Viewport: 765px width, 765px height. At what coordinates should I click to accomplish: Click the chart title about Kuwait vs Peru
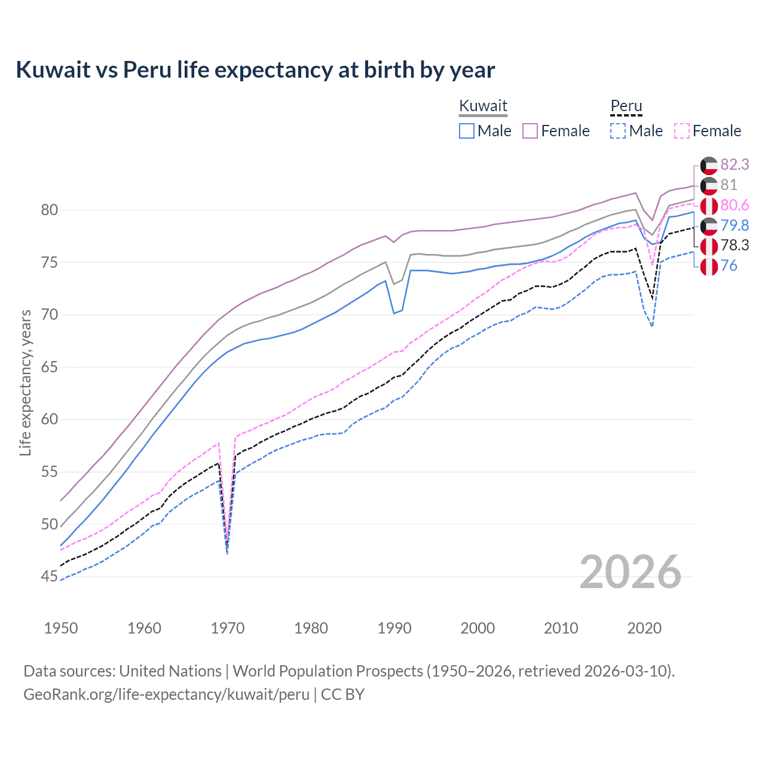click(255, 70)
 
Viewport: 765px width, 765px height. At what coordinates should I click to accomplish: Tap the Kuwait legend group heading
click(483, 106)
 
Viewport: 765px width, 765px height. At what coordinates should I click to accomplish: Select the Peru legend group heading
click(626, 106)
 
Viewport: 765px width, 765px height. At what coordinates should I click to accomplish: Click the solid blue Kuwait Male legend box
click(467, 131)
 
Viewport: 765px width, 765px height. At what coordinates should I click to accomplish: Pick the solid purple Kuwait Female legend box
click(530, 131)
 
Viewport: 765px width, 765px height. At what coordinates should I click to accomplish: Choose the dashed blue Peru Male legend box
click(618, 131)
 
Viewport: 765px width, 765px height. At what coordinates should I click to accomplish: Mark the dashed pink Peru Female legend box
click(682, 131)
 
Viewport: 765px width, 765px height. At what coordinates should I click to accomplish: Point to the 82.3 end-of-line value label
click(735, 165)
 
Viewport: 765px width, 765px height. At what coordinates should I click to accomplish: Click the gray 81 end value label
click(729, 185)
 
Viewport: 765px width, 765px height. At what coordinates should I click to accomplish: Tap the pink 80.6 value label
click(735, 206)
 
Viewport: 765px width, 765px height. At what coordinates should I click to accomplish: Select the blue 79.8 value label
click(735, 225)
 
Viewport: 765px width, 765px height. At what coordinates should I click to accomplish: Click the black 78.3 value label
click(735, 246)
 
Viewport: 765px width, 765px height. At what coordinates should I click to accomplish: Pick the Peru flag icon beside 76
click(709, 266)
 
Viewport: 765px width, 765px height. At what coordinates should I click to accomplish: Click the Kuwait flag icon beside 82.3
click(709, 165)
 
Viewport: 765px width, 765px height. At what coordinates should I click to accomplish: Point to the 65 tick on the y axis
click(50, 367)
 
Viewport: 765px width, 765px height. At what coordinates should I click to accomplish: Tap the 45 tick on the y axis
click(50, 577)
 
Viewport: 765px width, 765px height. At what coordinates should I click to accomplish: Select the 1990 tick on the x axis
click(394, 628)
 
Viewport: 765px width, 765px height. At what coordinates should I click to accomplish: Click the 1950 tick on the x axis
click(62, 628)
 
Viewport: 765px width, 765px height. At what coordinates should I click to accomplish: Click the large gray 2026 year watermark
click(630, 572)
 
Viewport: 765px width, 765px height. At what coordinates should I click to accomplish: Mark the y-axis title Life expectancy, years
click(26, 382)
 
